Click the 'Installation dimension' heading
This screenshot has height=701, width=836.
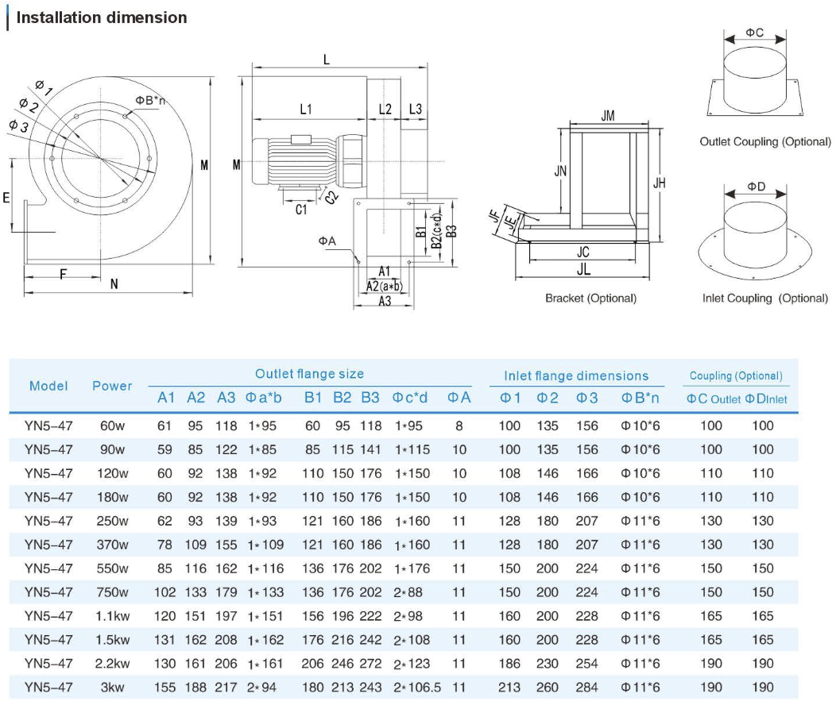pos(102,17)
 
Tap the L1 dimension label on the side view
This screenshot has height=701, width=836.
pos(306,109)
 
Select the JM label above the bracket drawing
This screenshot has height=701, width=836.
pos(608,116)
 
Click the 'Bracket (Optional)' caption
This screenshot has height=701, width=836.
pos(590,299)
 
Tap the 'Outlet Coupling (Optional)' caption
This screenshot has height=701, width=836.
pos(764,142)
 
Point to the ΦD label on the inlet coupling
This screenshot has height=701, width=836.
pos(756,187)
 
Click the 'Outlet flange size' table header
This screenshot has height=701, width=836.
pos(309,374)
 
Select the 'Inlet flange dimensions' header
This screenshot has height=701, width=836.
pos(576,376)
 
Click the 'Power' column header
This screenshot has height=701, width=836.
pos(112,386)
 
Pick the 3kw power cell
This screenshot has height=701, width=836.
pos(112,688)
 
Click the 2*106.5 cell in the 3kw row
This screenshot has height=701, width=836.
pos(416,688)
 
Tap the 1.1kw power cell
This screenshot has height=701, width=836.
pos(112,616)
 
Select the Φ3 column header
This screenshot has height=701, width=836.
pos(587,398)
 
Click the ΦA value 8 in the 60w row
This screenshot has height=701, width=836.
pos(459,426)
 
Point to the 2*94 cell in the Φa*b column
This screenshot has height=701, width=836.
pos(261,688)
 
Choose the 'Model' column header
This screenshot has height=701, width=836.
pos(48,386)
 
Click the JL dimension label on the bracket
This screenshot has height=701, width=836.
pos(584,270)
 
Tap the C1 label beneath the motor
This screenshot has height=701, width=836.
pos(301,210)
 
